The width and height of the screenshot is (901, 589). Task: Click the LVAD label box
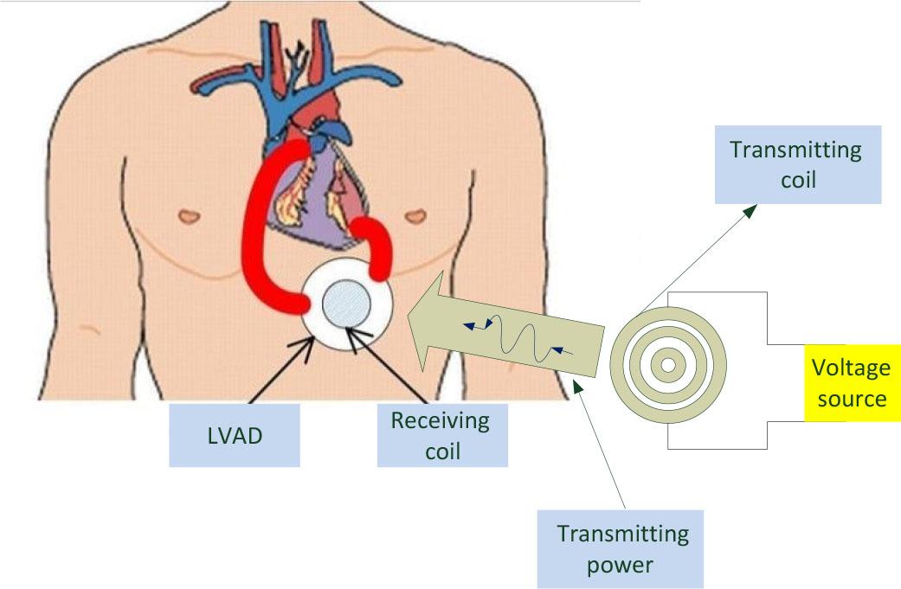pyautogui.click(x=234, y=435)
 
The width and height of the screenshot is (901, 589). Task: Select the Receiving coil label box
pyautogui.click(x=441, y=435)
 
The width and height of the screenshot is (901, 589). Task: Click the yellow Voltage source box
pyautogui.click(x=852, y=382)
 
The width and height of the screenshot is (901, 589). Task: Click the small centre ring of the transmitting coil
pyautogui.click(x=668, y=365)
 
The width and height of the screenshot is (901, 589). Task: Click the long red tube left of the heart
pyautogui.click(x=260, y=234)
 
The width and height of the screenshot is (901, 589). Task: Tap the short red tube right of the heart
pyautogui.click(x=378, y=247)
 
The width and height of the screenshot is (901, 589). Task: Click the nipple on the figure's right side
pyautogui.click(x=416, y=213)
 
